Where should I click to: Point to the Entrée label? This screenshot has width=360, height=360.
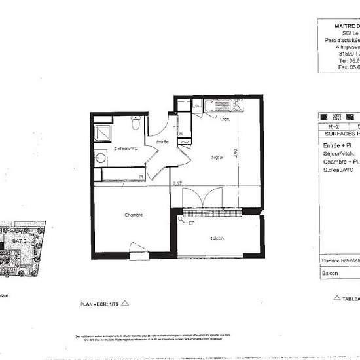click(x=162, y=142)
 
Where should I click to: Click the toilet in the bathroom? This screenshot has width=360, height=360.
click(x=135, y=123)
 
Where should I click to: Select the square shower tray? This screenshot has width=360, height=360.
click(x=103, y=132)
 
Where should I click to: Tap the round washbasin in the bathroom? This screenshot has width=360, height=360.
click(x=101, y=158)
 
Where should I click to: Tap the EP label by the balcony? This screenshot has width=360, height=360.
click(x=192, y=223)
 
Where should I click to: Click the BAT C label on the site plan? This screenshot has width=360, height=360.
click(x=20, y=241)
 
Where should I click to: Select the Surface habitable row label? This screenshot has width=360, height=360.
click(x=340, y=261)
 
